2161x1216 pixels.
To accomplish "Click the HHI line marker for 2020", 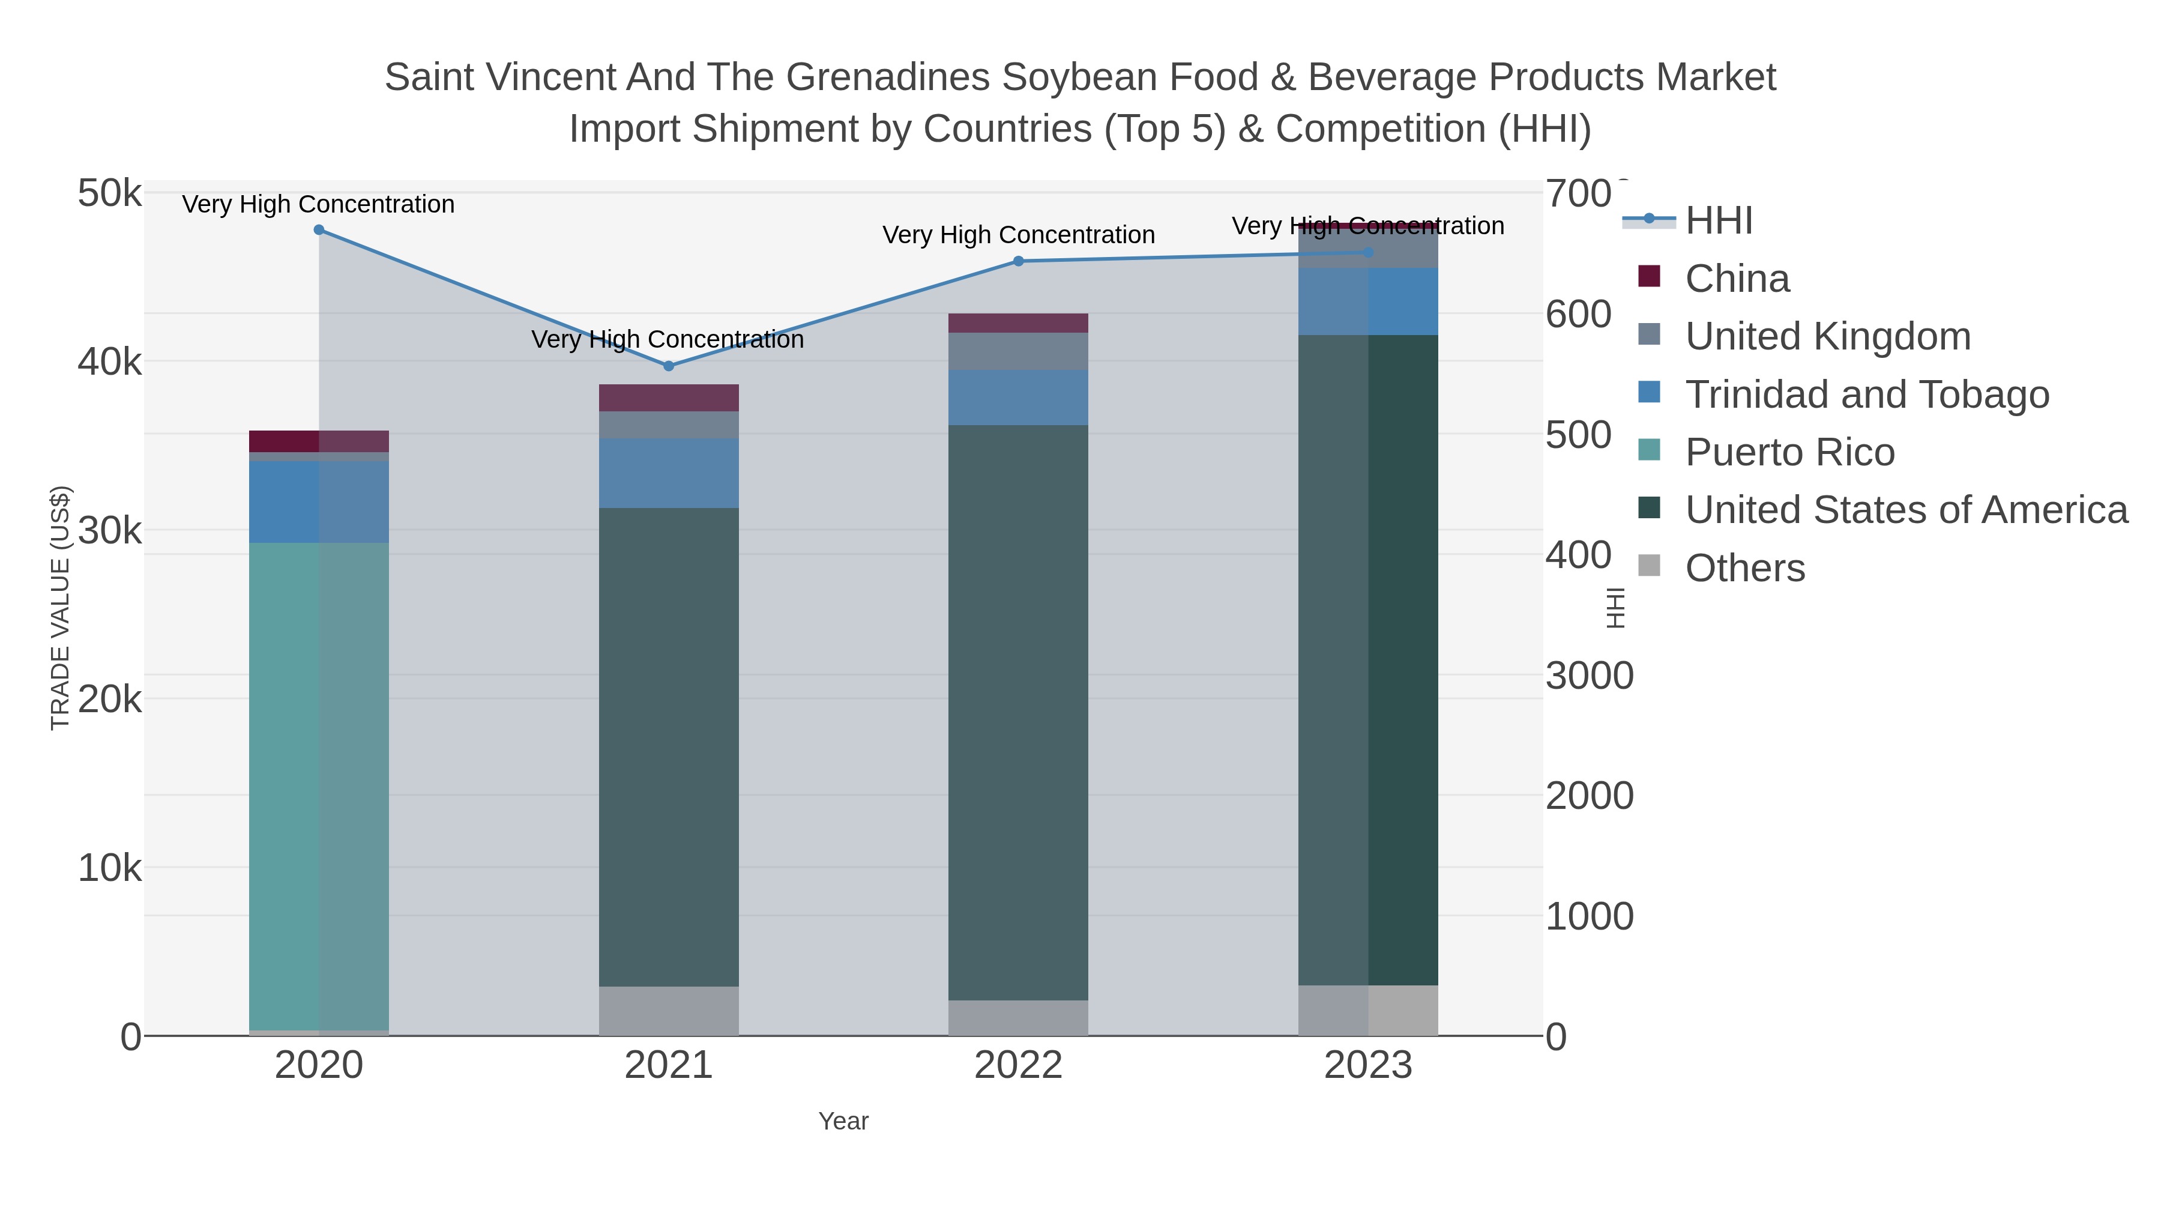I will coord(319,230).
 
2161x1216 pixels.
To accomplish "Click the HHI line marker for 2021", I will coord(669,366).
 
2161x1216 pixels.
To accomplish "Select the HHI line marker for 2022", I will coord(1019,261).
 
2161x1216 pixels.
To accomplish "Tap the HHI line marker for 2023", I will coord(1368,253).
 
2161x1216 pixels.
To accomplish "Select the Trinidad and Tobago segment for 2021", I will coord(669,473).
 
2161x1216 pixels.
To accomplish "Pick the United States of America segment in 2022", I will coord(1019,712).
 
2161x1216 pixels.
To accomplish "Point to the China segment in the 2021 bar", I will coord(669,398).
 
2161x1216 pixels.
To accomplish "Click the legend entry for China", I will coord(1737,279).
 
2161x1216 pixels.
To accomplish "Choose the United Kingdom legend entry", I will coord(1827,336).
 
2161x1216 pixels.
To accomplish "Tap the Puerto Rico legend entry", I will coord(1789,452).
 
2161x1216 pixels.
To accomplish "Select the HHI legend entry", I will coord(1718,221).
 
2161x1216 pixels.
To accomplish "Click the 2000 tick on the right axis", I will coord(1589,796).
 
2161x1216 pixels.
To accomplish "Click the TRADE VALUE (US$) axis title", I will coord(61,608).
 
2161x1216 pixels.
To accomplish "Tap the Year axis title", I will coord(843,1121).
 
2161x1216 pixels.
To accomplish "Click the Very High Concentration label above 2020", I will coord(319,204).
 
